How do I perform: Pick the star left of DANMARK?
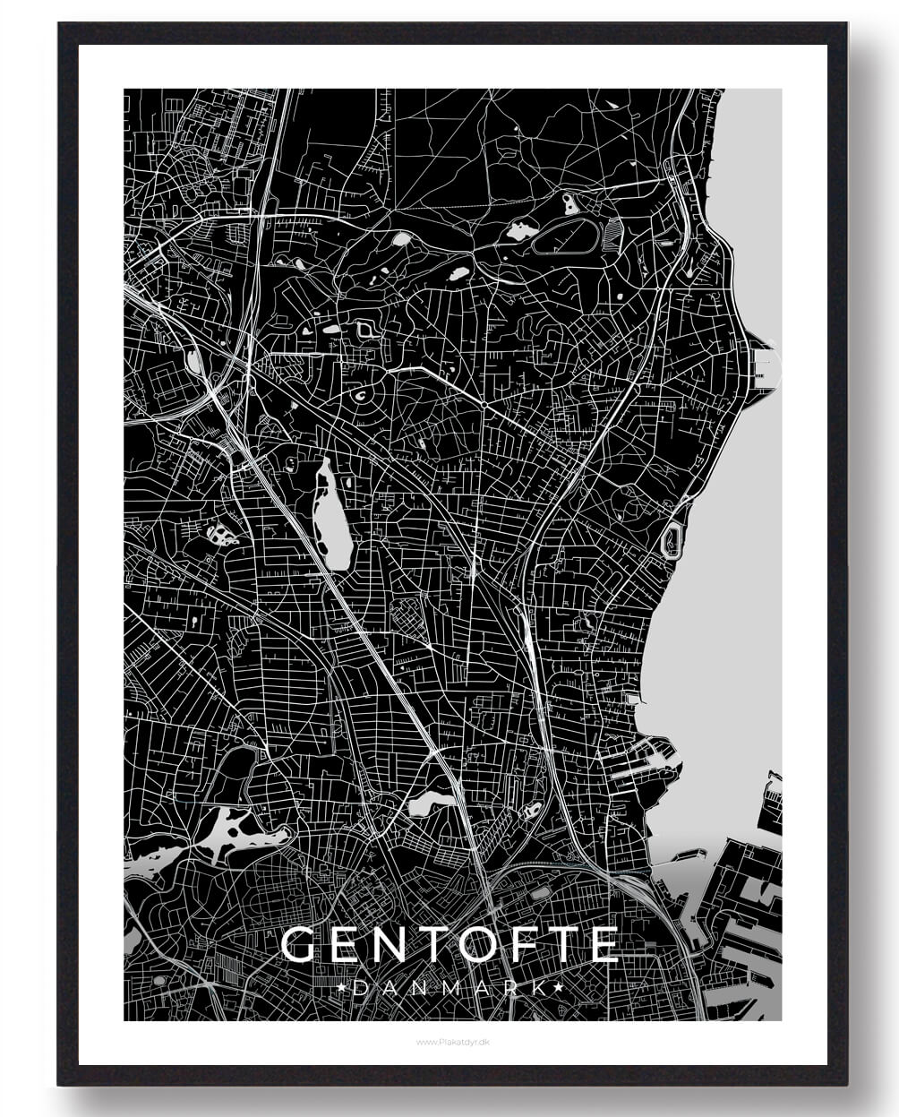point(346,987)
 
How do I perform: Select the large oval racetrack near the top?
point(567,236)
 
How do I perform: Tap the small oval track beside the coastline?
point(671,541)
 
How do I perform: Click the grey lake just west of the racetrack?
point(519,231)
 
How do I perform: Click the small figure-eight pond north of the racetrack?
point(570,203)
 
